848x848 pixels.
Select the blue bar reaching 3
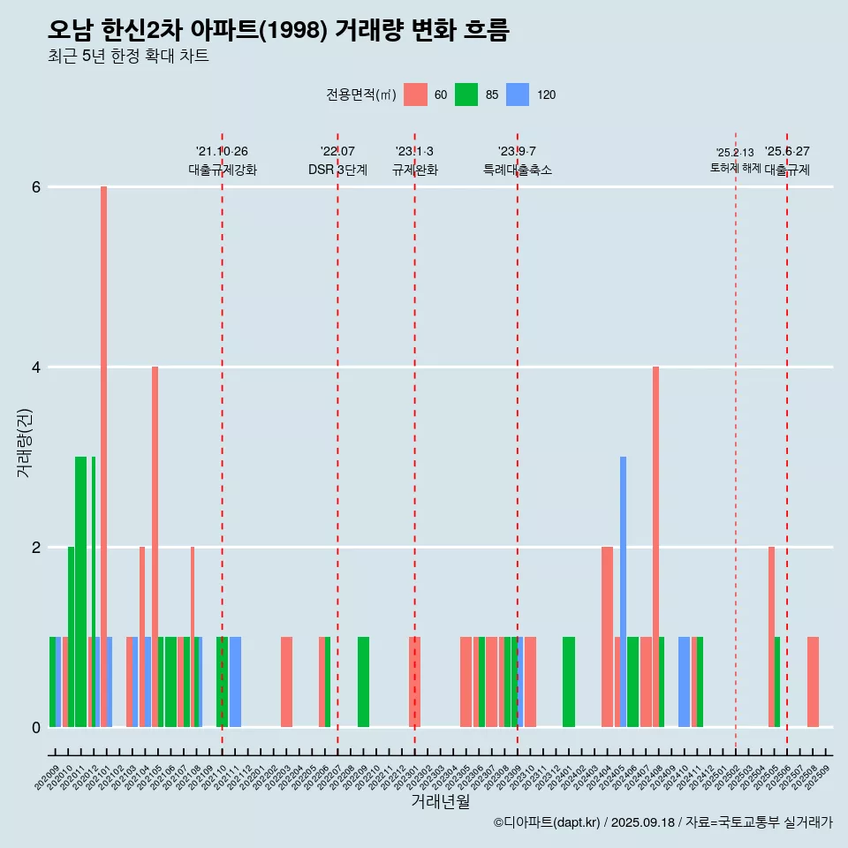tap(623, 592)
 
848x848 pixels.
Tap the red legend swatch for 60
tap(415, 95)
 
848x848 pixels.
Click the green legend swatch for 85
tap(466, 95)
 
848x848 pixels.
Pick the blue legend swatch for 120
tap(518, 95)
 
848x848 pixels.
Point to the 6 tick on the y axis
tap(36, 187)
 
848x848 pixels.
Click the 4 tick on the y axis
tap(36, 367)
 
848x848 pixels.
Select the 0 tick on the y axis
tap(36, 728)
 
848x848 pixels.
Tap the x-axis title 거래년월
tap(440, 801)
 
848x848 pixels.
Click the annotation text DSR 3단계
tap(337, 170)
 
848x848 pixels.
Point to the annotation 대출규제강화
tap(223, 170)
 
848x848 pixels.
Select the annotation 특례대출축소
tap(518, 170)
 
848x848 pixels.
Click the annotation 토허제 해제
tap(736, 167)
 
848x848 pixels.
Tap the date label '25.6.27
tap(787, 151)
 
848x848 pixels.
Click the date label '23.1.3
tap(414, 151)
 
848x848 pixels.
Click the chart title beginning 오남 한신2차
tap(278, 30)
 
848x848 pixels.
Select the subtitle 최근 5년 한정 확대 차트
tap(128, 57)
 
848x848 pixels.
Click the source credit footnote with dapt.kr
tap(662, 822)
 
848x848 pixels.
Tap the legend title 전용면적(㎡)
tap(360, 95)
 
